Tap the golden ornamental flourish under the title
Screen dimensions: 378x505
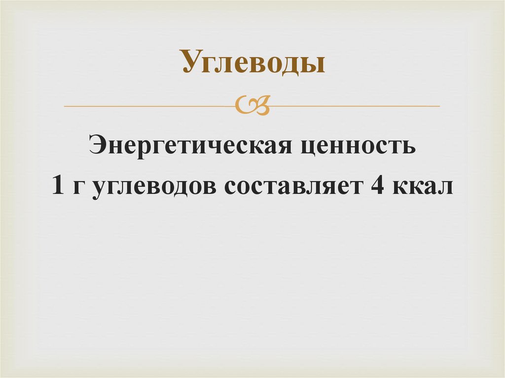[252, 105]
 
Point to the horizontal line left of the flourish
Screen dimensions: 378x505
[148, 106]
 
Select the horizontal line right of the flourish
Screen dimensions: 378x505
[355, 106]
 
